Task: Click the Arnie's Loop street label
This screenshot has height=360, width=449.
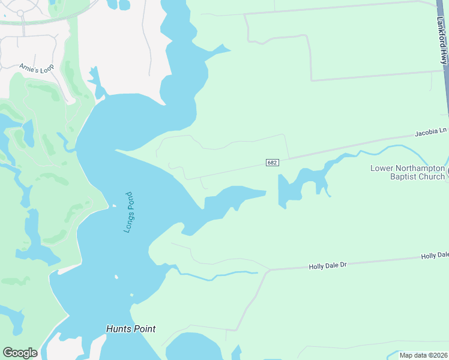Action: click(x=36, y=67)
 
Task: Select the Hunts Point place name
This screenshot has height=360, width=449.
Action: click(x=131, y=329)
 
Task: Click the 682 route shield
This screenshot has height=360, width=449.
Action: click(x=272, y=163)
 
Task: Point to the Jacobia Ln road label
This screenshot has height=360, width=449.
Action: click(x=431, y=131)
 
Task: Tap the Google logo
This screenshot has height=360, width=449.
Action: click(x=20, y=353)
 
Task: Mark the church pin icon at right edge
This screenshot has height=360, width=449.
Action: click(x=447, y=173)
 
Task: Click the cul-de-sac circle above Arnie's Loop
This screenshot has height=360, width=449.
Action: click(x=20, y=13)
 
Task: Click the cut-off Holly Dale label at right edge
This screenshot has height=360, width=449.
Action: click(x=435, y=256)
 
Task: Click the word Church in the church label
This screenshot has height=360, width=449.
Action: click(x=431, y=176)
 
